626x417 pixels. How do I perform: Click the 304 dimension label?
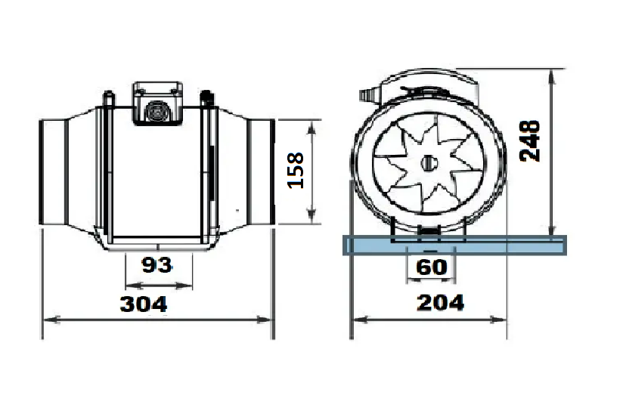coord(144,304)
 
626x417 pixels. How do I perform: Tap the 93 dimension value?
coord(157,265)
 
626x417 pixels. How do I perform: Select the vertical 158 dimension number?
coord(296,171)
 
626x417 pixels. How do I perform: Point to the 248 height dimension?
coord(530,141)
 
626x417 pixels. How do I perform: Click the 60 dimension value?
coord(431,267)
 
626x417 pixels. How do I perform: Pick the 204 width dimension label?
coord(440,303)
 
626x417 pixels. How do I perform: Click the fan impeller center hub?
coord(429,162)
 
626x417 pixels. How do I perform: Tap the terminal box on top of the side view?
coord(158,103)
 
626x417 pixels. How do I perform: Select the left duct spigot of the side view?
coord(52,171)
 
